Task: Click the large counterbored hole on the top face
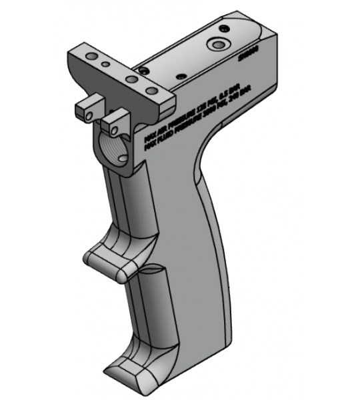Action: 218,45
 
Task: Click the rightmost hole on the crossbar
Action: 152,90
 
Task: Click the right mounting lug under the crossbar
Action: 119,121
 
